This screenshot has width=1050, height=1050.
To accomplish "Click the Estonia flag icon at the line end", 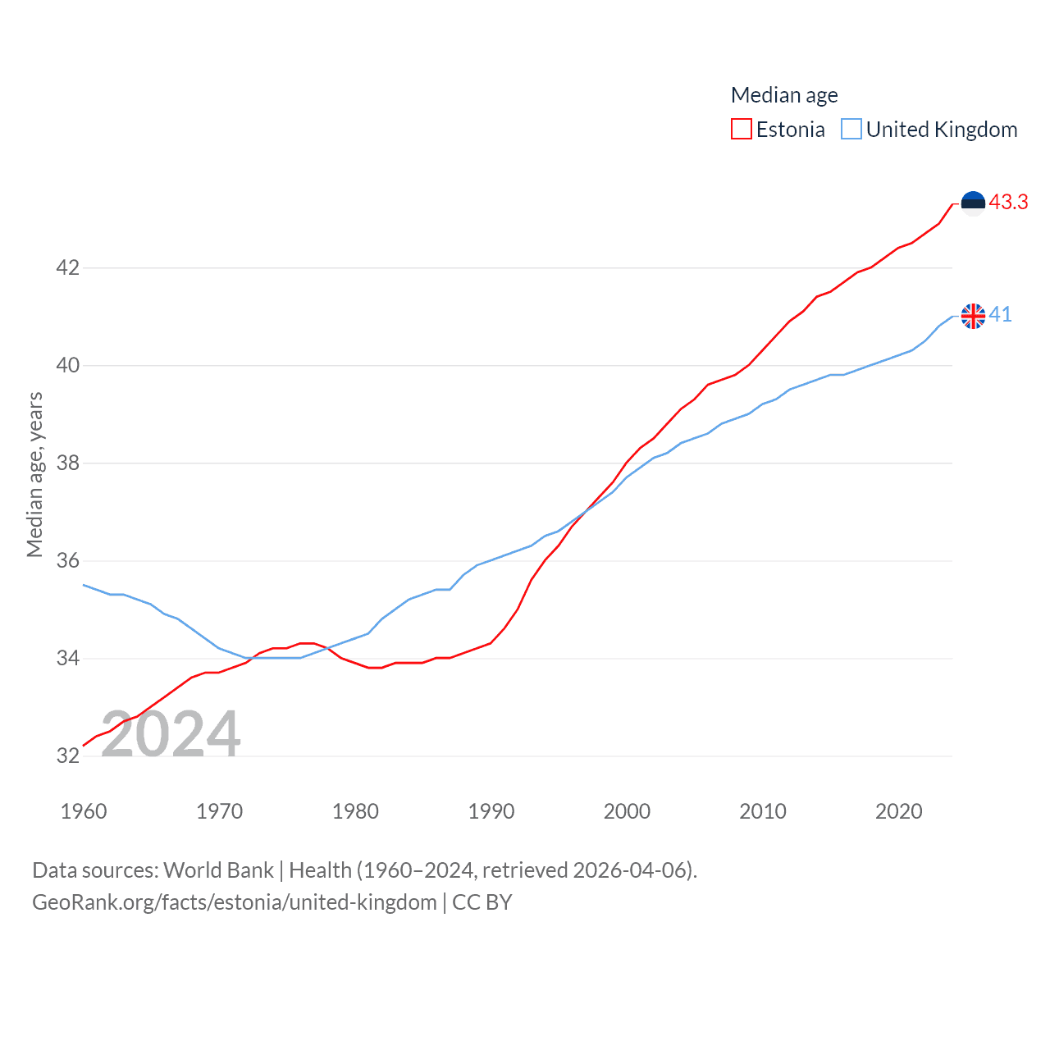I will (973, 203).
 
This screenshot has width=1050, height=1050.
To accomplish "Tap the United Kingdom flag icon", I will (973, 316).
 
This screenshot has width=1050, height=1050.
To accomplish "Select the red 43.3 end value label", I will (1008, 202).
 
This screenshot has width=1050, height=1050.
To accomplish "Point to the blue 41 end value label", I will (1000, 314).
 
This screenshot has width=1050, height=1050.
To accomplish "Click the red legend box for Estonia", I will (742, 130).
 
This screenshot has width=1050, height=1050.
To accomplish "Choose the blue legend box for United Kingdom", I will (851, 130).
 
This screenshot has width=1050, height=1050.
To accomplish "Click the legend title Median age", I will (784, 95).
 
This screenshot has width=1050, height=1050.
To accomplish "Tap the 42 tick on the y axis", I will (67, 267).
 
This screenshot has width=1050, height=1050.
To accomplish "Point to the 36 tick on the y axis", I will (67, 560).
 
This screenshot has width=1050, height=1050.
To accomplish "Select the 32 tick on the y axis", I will (67, 756).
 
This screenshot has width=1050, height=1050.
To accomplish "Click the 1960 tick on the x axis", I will (84, 811).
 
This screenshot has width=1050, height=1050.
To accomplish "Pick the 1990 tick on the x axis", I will (491, 811).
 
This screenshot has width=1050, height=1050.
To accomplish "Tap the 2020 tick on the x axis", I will (899, 811).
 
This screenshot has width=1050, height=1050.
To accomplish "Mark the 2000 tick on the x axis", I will (627, 811).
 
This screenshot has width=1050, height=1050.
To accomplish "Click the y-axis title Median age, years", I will (34, 475).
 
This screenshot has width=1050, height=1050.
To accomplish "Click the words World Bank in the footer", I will (218, 870).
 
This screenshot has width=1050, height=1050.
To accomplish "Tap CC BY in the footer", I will (482, 902).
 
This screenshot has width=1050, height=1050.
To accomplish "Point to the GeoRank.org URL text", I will (235, 902).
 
